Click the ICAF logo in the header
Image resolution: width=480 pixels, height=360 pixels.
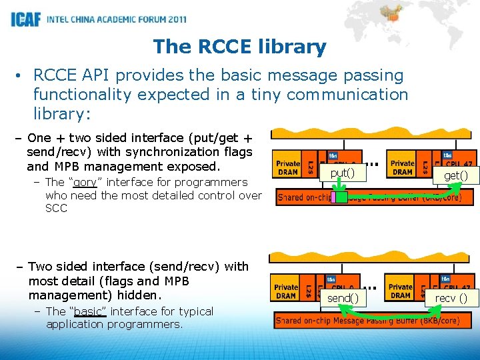(x=25, y=19)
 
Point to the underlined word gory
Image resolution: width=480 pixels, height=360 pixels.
(x=85, y=182)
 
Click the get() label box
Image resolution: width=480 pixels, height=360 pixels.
(x=451, y=175)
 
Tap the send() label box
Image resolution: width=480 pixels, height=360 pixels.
(x=343, y=298)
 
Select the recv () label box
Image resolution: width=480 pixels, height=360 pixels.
(x=451, y=298)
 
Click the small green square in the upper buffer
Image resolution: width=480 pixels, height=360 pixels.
(x=341, y=197)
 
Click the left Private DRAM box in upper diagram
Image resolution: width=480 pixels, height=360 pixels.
(x=288, y=167)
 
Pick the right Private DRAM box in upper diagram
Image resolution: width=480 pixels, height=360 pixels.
(x=402, y=167)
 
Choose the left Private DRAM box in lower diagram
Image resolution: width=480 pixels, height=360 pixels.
(x=286, y=291)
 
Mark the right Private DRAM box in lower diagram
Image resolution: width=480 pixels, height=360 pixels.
(x=400, y=291)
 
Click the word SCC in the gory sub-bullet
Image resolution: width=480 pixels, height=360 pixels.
(x=56, y=208)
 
